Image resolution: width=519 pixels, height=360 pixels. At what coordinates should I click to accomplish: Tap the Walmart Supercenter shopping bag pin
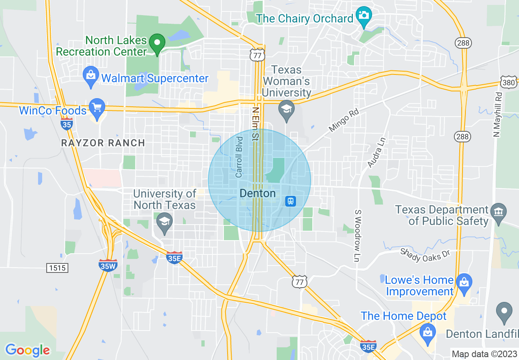(90, 76)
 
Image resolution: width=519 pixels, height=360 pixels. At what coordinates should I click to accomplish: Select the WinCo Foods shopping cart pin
(97, 108)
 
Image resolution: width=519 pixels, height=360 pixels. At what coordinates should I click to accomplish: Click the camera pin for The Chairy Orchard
(363, 17)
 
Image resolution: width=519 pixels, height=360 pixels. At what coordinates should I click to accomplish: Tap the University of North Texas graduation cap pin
(165, 223)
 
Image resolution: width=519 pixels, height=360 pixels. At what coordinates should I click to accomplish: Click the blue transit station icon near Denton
(291, 201)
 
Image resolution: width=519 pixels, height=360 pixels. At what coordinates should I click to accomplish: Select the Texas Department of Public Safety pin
(499, 213)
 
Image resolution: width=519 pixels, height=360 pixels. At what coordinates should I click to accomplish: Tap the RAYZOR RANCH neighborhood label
(103, 143)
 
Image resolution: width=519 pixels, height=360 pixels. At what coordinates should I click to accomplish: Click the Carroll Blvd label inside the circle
(239, 157)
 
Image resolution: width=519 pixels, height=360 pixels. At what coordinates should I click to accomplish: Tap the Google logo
(27, 350)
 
